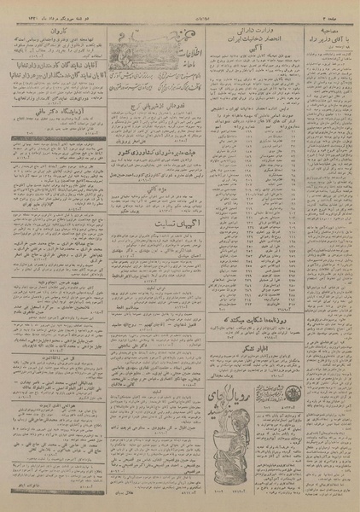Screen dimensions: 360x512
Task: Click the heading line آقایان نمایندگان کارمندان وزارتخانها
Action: point(56,66)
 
